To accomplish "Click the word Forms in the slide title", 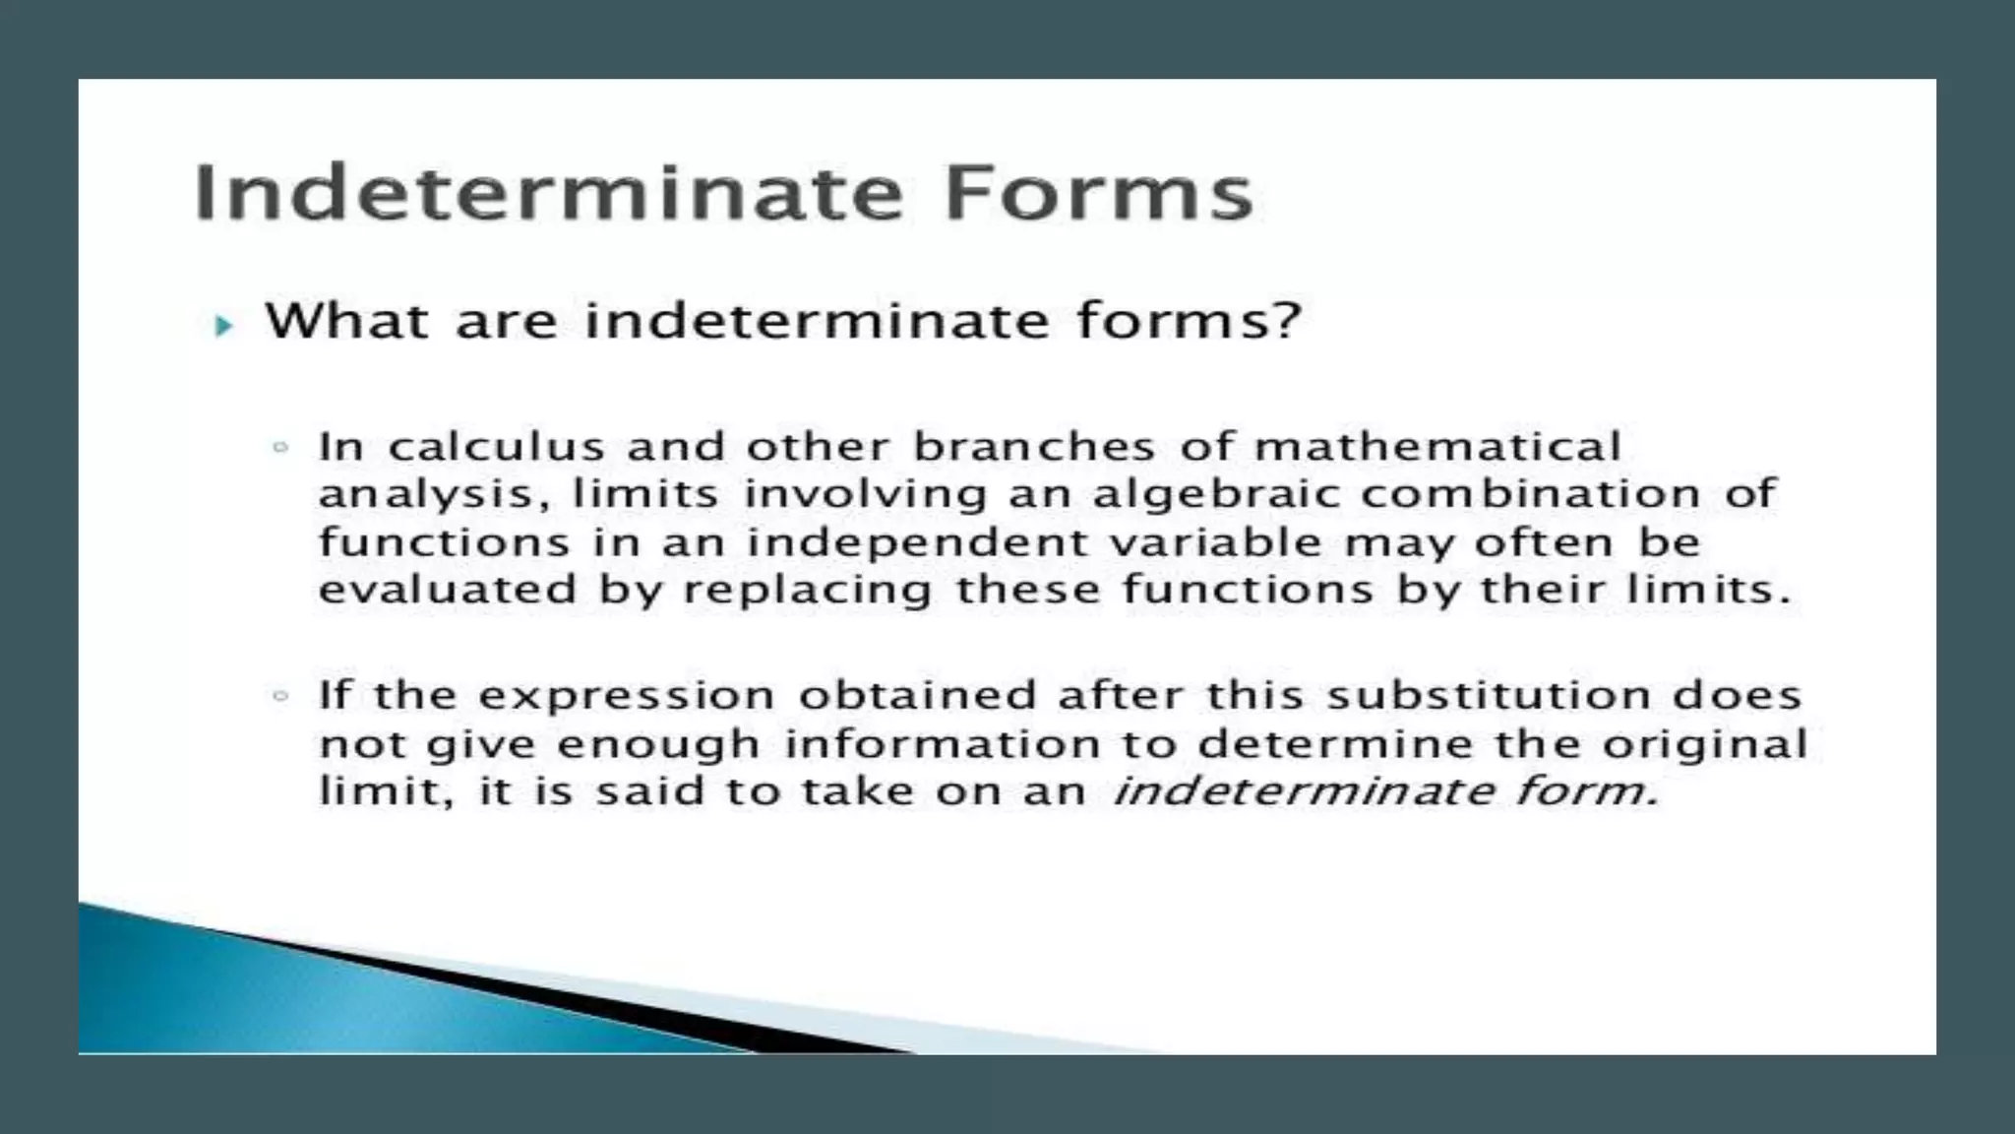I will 1098,194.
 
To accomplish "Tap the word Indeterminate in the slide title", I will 548,194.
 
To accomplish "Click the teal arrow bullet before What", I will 223,326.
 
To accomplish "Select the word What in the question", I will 346,321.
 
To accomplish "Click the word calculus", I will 496,448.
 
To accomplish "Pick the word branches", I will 1033,448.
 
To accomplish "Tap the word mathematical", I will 1437,448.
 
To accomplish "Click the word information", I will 942,745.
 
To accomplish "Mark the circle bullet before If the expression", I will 280,697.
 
